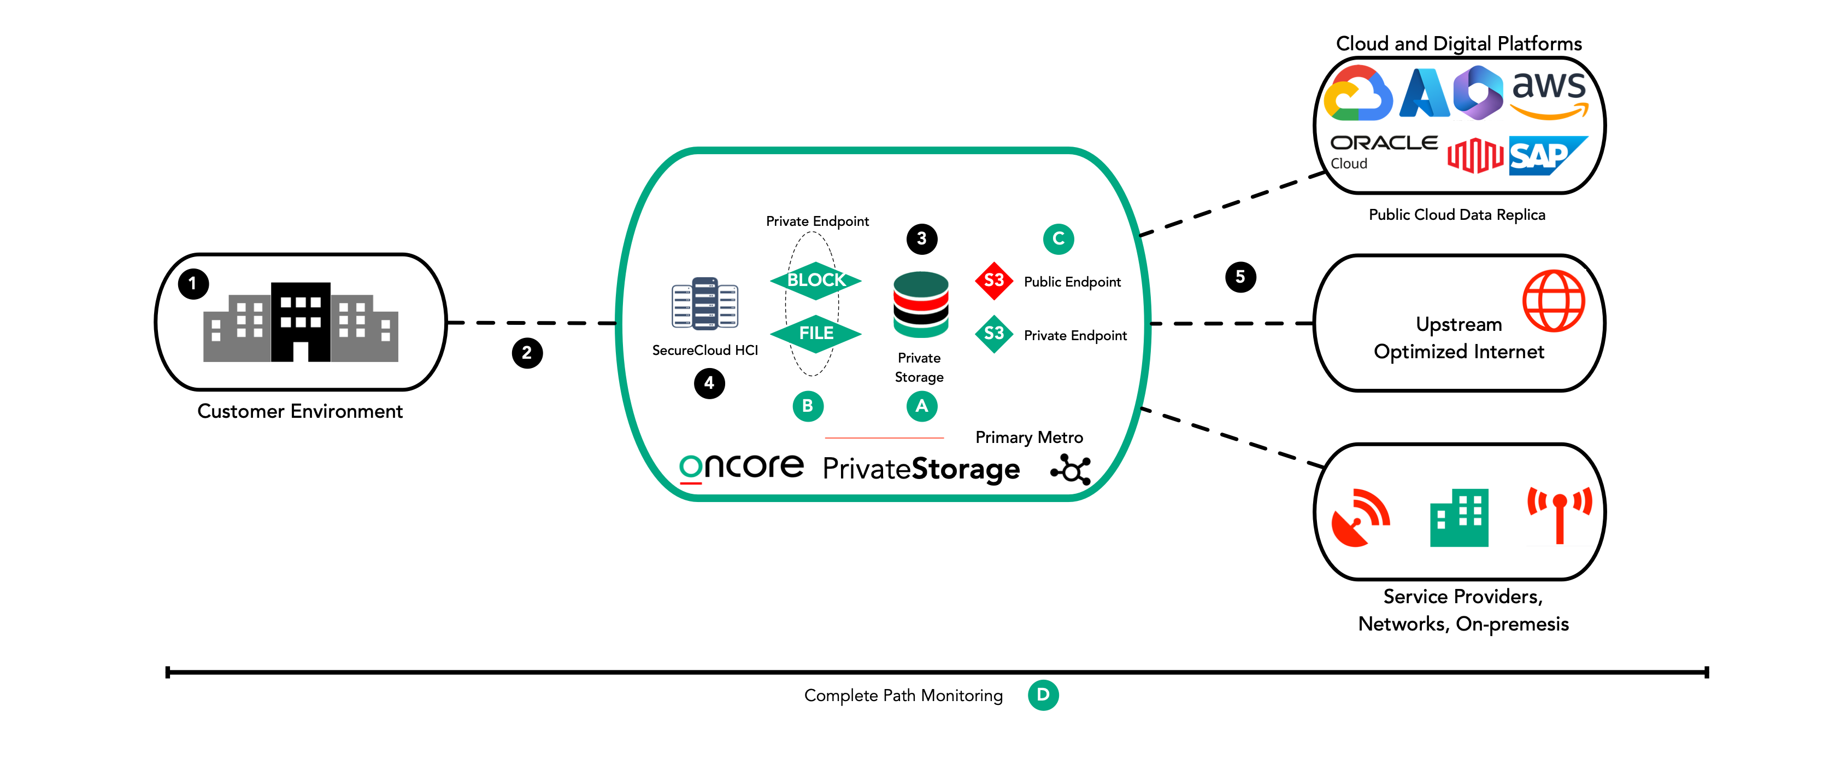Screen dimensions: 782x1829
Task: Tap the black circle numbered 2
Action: tap(527, 353)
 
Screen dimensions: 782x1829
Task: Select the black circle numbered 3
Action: tap(921, 238)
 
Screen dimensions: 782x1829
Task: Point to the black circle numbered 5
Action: tap(1240, 277)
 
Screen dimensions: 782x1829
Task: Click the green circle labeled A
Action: tap(921, 406)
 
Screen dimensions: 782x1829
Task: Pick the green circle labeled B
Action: tap(807, 406)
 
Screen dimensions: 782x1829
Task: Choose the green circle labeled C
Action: tap(1058, 238)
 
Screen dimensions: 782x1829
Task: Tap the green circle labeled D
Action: tap(1043, 695)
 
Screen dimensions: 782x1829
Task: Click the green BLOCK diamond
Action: tap(816, 281)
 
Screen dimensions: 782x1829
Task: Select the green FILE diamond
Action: tap(816, 333)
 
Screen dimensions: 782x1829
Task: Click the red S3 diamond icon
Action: tap(994, 281)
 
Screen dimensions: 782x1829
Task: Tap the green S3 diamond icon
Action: tap(994, 334)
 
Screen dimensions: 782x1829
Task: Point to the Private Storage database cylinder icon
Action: tap(921, 305)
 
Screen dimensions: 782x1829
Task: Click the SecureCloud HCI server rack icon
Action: tap(705, 304)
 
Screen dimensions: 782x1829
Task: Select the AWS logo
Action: tap(1549, 93)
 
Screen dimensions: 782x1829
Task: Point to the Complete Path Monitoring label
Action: tap(903, 696)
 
